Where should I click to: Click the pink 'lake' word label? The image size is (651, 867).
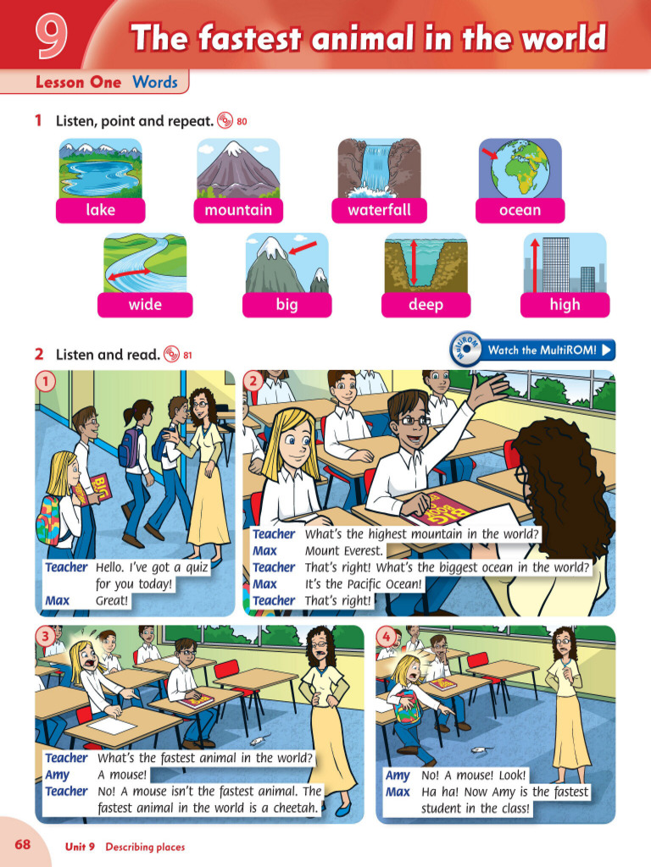(100, 210)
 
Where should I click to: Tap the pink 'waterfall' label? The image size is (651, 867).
(378, 210)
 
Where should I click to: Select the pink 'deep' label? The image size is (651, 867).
(426, 305)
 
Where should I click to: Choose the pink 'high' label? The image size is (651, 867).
(565, 305)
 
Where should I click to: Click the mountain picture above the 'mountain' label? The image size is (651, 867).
(239, 168)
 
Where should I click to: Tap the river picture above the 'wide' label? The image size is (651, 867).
(145, 262)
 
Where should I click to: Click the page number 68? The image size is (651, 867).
(22, 846)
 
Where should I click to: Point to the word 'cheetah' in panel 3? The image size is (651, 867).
(289, 808)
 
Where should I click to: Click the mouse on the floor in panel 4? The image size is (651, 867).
(480, 749)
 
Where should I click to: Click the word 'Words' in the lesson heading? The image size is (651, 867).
(155, 82)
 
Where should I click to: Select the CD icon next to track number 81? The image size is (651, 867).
(172, 355)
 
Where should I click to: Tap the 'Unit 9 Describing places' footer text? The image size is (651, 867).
(125, 847)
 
